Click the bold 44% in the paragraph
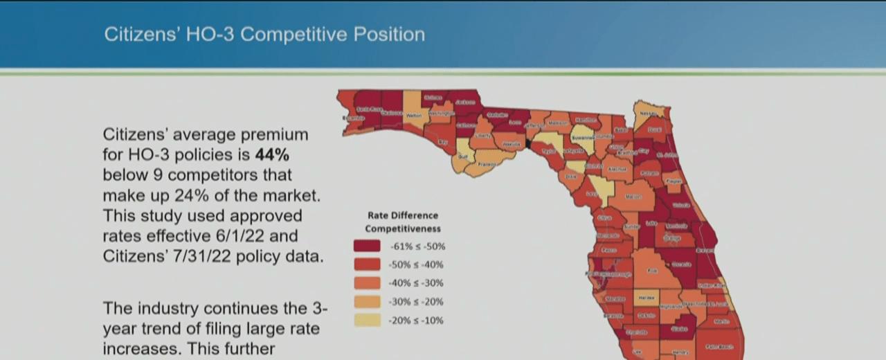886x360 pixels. point(272,154)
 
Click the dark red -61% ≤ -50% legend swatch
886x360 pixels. point(366,246)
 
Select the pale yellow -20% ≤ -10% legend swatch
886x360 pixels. point(366,321)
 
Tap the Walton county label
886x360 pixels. point(414,116)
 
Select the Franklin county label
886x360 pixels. point(487,164)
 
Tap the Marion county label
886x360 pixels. point(633,197)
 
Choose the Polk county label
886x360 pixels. point(651,271)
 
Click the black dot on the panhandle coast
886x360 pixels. point(528,143)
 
